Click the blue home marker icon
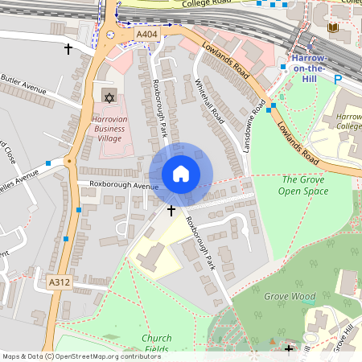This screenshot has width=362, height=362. [181, 174]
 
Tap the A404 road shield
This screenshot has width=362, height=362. [147, 35]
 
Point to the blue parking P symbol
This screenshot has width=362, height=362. [338, 80]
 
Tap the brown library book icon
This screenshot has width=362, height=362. [333, 28]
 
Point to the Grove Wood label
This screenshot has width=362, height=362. [290, 296]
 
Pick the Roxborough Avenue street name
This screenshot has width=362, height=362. [124, 185]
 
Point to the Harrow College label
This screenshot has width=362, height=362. [348, 121]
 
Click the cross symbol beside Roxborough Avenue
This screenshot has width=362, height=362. [171, 210]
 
